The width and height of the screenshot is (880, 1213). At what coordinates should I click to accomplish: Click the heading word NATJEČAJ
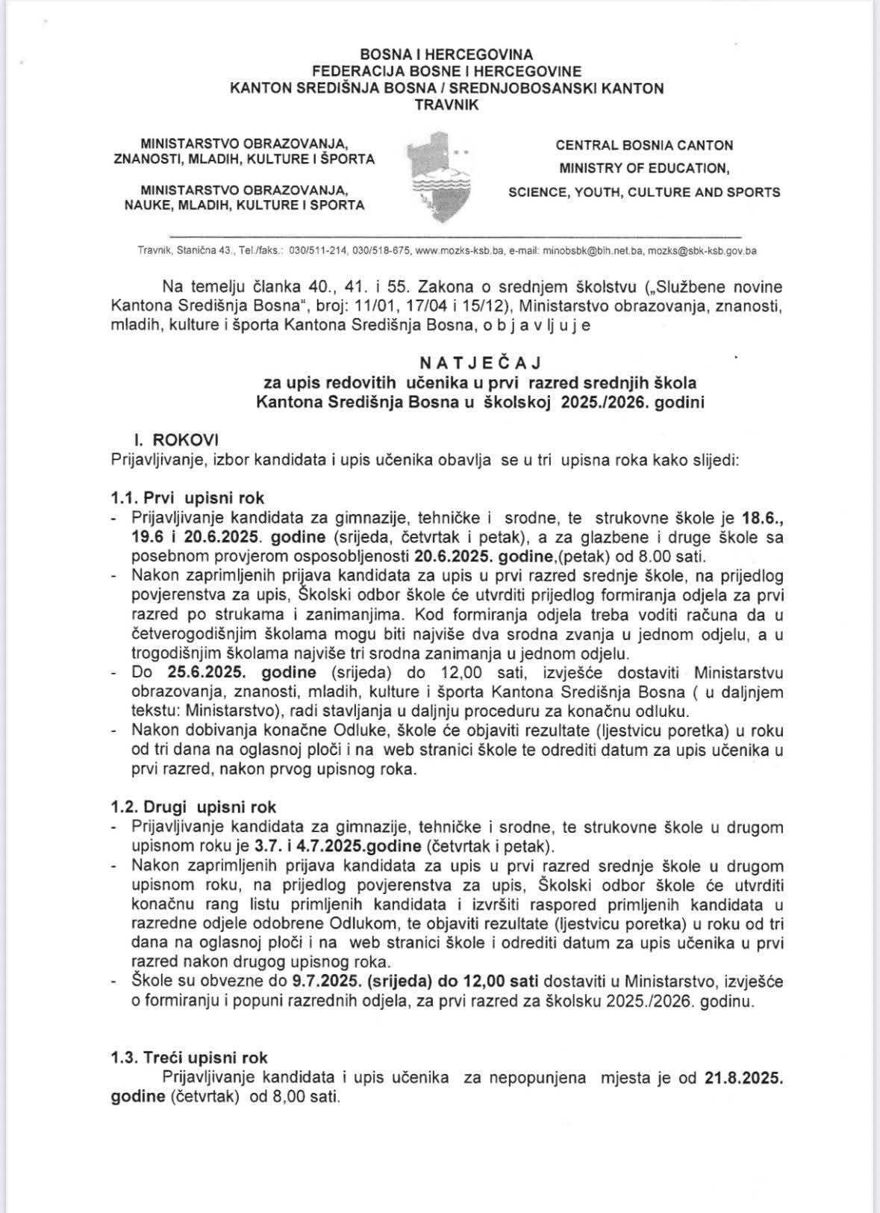coord(480,362)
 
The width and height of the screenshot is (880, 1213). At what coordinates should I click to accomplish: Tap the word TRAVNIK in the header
coord(447,105)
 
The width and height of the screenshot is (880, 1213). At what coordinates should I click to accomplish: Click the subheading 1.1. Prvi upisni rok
coord(187,497)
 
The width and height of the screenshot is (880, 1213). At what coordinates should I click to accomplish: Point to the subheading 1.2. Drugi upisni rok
coord(193,807)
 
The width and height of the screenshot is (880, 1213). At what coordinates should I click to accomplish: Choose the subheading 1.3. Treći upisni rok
coord(189,1058)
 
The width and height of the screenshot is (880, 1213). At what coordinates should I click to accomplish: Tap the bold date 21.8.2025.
coord(743,1078)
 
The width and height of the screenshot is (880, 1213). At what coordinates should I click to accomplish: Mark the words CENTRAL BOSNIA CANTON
coord(644,145)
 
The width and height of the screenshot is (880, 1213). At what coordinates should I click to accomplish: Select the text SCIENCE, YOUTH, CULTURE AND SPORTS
coord(644,192)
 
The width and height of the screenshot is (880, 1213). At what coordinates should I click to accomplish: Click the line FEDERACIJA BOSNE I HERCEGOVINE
coord(447,72)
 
